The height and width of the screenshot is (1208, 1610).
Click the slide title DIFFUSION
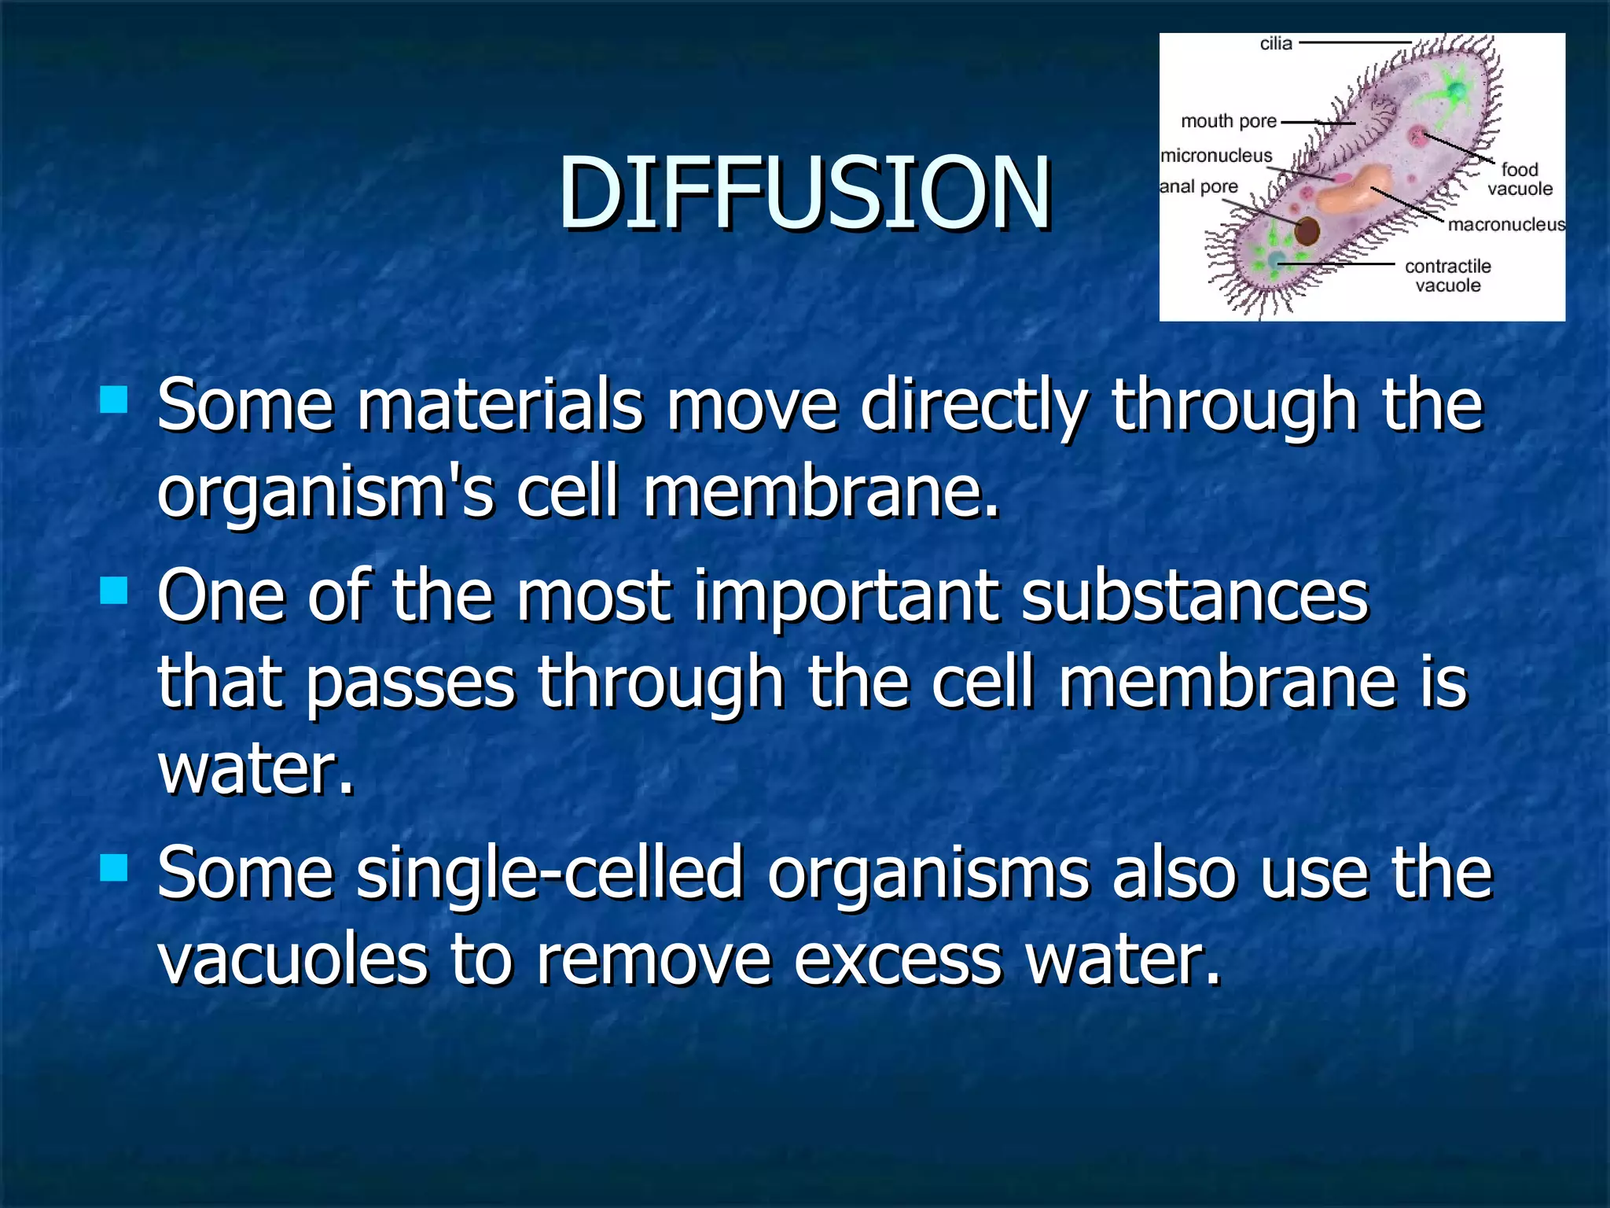(804, 193)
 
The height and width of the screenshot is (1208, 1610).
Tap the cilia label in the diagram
(1275, 44)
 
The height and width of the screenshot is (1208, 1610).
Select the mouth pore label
(1228, 121)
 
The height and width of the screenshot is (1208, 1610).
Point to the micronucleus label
(1216, 156)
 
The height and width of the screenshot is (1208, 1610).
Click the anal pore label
(1199, 187)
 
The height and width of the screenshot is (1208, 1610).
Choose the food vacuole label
(1519, 179)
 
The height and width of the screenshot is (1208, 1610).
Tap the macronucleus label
(1505, 225)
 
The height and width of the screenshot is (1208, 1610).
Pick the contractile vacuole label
(1447, 275)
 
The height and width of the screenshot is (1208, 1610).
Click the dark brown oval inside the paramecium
(1307, 231)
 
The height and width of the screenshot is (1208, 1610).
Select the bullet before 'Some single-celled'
(114, 868)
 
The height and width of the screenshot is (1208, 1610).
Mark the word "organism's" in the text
(325, 493)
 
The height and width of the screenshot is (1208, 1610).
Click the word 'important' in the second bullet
(846, 596)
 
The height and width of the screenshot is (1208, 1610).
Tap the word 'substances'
(1194, 596)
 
